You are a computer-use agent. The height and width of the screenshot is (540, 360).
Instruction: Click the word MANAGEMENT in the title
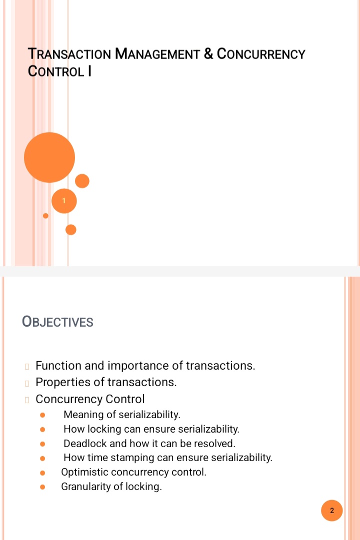pos(157,54)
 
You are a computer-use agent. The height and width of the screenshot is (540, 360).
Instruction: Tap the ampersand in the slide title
pos(208,54)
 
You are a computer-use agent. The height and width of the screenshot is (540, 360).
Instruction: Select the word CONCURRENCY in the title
pos(261,54)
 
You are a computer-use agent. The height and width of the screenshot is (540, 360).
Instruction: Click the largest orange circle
pos(49,157)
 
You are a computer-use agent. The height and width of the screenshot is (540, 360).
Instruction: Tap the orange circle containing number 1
pos(64,201)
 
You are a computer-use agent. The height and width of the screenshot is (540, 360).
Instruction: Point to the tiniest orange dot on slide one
pos(45,216)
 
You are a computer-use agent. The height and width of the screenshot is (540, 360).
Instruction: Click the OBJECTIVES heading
pos(57,322)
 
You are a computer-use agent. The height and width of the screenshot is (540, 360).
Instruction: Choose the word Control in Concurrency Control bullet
pos(125,399)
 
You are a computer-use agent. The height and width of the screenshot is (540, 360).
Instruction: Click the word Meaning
pos(83,415)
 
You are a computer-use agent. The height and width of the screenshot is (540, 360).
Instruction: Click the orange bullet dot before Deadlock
pos(42,444)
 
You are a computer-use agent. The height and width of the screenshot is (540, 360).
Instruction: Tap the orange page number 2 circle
pos(331,511)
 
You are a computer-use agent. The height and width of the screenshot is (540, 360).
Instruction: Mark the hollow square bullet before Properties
pos(27,383)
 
